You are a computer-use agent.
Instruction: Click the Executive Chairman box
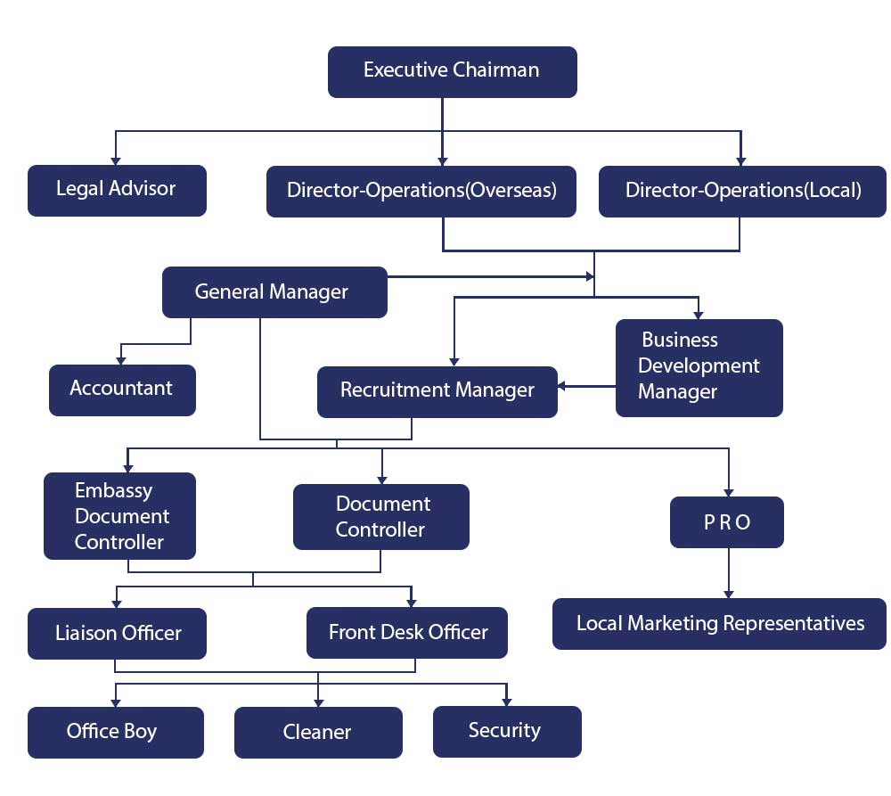tap(452, 71)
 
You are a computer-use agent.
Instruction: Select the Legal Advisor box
tap(117, 190)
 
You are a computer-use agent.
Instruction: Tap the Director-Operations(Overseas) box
tap(421, 191)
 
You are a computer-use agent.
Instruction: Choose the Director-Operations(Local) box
tap(742, 191)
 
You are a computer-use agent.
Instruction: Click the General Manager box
tap(274, 291)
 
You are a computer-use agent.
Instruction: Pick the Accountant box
tap(122, 390)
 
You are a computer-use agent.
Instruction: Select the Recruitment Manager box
tap(437, 391)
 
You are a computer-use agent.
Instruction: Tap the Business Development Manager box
tap(699, 367)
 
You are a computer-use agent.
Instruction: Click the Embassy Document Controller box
tap(119, 516)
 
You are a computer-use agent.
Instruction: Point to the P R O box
tap(727, 522)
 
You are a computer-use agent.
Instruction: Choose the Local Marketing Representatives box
tap(719, 624)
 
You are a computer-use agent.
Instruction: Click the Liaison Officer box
tap(117, 634)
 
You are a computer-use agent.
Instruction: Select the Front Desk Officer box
tap(407, 634)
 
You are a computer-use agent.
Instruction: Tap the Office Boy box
tap(116, 733)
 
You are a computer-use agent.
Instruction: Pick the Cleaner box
tap(318, 733)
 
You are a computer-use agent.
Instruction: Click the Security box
tap(506, 731)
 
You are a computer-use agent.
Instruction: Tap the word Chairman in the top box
tap(495, 70)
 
